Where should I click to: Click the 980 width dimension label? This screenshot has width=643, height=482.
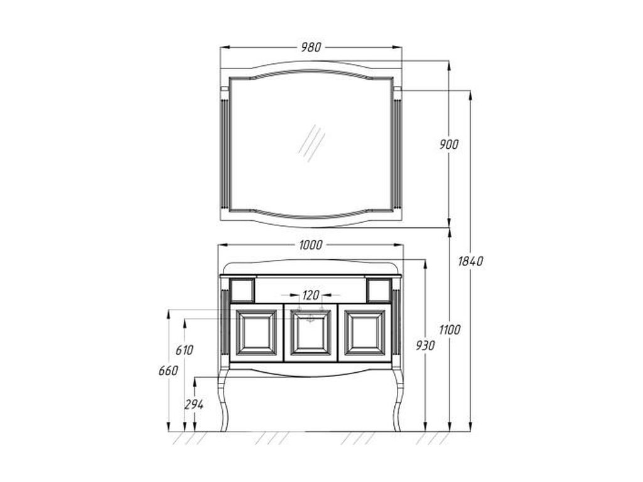[311, 48]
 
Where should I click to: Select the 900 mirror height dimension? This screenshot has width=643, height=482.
[449, 144]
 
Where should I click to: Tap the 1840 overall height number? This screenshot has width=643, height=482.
[470, 261]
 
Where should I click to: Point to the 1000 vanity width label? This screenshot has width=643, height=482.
[311, 245]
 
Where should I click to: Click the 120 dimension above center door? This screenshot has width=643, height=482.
[310, 295]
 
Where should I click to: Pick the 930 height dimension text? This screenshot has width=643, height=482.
[425, 346]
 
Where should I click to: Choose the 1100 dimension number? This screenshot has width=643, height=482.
[450, 329]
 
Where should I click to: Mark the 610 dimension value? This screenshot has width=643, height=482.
[184, 350]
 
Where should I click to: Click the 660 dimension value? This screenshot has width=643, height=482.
[168, 370]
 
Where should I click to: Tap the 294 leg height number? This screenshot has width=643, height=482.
[193, 405]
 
